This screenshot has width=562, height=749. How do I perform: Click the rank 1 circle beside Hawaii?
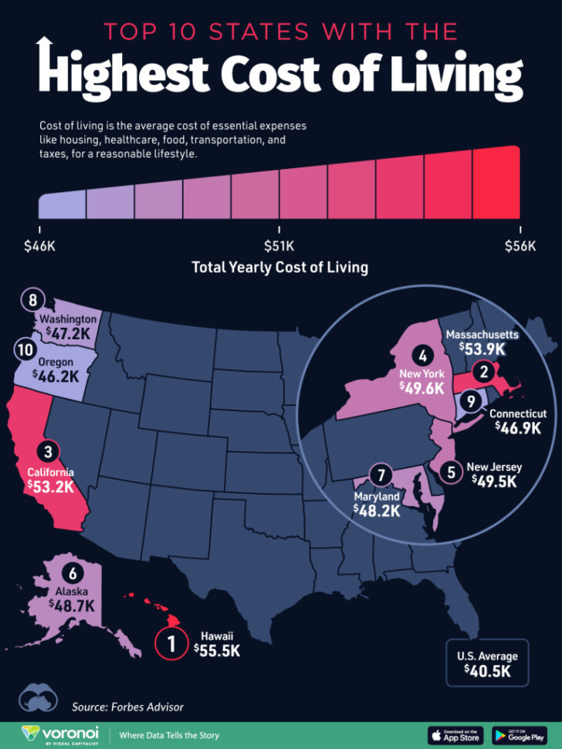172,644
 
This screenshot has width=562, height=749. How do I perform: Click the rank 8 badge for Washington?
32,300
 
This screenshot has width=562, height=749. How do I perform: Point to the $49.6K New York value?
423,387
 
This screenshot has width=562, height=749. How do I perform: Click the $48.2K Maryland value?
377,510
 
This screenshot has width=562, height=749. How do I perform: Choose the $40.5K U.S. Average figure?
486,671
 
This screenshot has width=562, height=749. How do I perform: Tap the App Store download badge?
454,734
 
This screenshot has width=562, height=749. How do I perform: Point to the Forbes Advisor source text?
128,707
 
